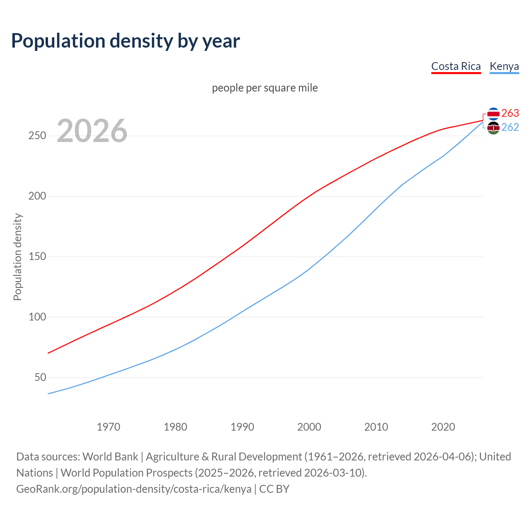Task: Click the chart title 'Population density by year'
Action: point(125,41)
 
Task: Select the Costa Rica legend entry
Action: point(456,66)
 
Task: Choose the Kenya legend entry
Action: point(504,66)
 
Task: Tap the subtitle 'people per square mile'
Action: point(265,88)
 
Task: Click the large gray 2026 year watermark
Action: point(92,131)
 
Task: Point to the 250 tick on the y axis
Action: point(37,136)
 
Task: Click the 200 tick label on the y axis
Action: point(37,196)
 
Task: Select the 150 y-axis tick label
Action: point(37,257)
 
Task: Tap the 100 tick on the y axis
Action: point(37,317)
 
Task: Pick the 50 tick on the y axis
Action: point(40,378)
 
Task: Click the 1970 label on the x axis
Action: point(108,427)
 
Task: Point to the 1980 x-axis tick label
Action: point(176,427)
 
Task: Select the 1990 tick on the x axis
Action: point(242,427)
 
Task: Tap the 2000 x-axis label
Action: point(309,427)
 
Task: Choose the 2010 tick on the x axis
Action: point(376,427)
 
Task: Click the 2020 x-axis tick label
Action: point(443,427)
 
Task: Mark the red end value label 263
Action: point(510,113)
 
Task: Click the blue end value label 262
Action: point(510,127)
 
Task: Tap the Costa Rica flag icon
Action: point(493,113)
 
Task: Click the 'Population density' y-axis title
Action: point(17,257)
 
